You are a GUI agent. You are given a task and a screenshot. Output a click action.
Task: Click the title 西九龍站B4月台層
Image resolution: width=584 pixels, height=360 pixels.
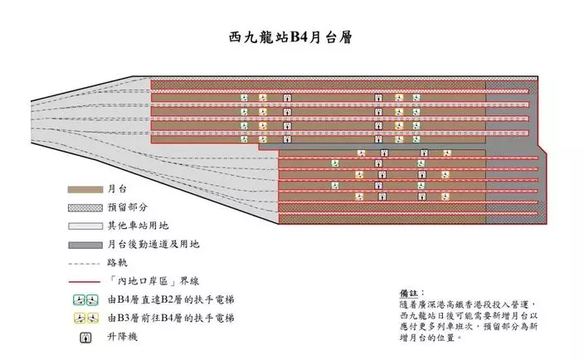click(290, 37)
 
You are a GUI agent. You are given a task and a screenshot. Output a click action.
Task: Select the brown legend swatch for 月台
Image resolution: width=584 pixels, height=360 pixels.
click(85, 189)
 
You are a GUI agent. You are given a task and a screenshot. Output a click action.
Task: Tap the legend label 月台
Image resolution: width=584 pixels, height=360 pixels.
click(117, 189)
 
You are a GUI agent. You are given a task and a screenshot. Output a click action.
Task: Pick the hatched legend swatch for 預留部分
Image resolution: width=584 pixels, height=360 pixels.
click(85, 207)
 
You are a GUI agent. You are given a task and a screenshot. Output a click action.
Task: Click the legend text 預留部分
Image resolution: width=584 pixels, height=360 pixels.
click(128, 207)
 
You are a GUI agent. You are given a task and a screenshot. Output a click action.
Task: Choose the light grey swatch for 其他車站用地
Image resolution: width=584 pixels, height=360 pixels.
click(85, 226)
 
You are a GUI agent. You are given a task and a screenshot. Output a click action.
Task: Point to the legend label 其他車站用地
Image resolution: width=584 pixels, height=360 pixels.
click(139, 226)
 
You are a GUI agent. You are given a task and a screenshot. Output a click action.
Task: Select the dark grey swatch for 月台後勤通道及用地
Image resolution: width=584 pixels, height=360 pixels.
click(85, 245)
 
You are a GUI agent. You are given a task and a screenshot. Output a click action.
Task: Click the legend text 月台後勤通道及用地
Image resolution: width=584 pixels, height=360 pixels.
click(153, 244)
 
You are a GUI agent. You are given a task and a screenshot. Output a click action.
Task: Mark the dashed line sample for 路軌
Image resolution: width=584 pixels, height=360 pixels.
click(84, 264)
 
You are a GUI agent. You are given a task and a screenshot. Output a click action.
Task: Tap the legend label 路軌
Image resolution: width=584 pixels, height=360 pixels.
click(117, 262)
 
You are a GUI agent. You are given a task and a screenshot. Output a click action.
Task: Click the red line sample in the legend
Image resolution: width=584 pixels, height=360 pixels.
click(84, 282)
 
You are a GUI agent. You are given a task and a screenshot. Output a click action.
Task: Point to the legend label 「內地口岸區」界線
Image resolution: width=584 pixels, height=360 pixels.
click(153, 281)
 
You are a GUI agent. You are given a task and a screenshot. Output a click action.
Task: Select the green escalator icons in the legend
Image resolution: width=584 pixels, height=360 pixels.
click(85, 299)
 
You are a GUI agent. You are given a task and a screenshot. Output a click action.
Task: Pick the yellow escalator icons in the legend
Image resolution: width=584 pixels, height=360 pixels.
click(85, 319)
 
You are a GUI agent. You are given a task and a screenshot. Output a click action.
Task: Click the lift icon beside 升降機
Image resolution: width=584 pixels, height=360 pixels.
click(85, 338)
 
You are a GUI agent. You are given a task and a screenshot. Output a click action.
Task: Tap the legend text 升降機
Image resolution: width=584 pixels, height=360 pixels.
click(123, 337)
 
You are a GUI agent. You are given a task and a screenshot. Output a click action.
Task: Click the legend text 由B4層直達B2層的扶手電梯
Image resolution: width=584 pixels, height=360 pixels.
click(172, 299)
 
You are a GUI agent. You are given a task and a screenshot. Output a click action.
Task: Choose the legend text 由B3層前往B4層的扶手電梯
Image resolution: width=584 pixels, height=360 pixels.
click(172, 319)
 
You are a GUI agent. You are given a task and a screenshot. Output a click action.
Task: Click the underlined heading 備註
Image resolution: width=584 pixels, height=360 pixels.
click(409, 294)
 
